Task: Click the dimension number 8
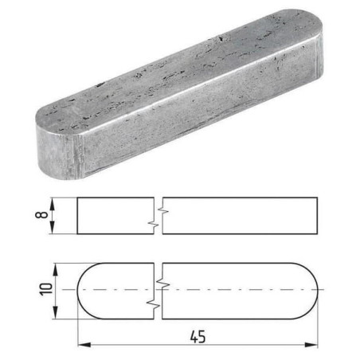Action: (42, 215)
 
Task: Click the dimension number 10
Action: (46, 289)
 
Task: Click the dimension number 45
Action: (198, 337)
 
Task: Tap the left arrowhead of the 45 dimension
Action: (84, 345)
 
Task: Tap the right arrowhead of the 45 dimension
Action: (311, 345)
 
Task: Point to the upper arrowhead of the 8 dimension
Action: (52, 204)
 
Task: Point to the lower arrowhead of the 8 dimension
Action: (52, 228)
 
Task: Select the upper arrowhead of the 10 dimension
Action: (55, 270)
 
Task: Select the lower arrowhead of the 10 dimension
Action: (55, 312)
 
